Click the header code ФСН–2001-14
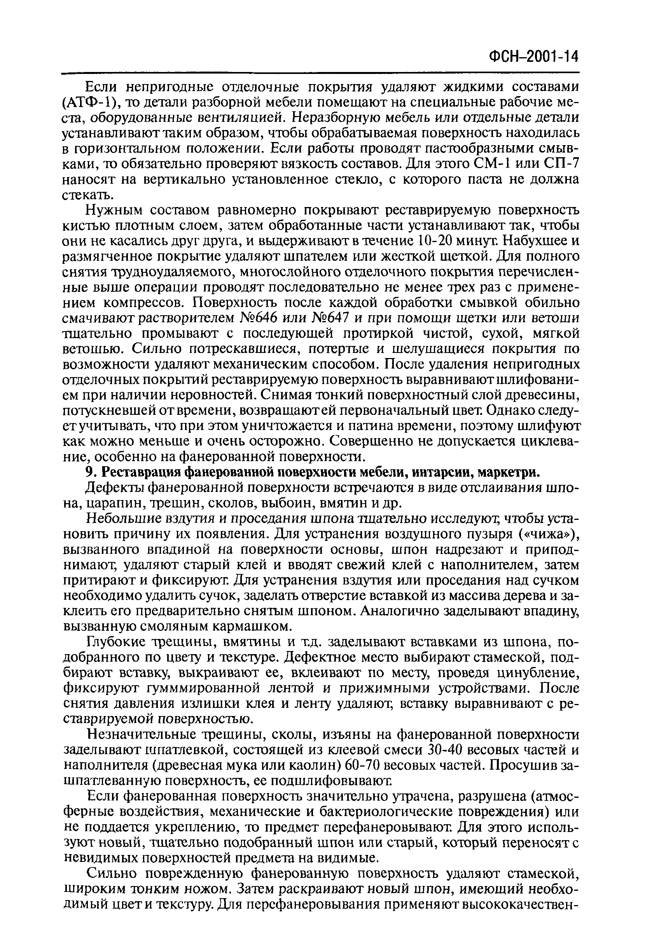click(x=533, y=56)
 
